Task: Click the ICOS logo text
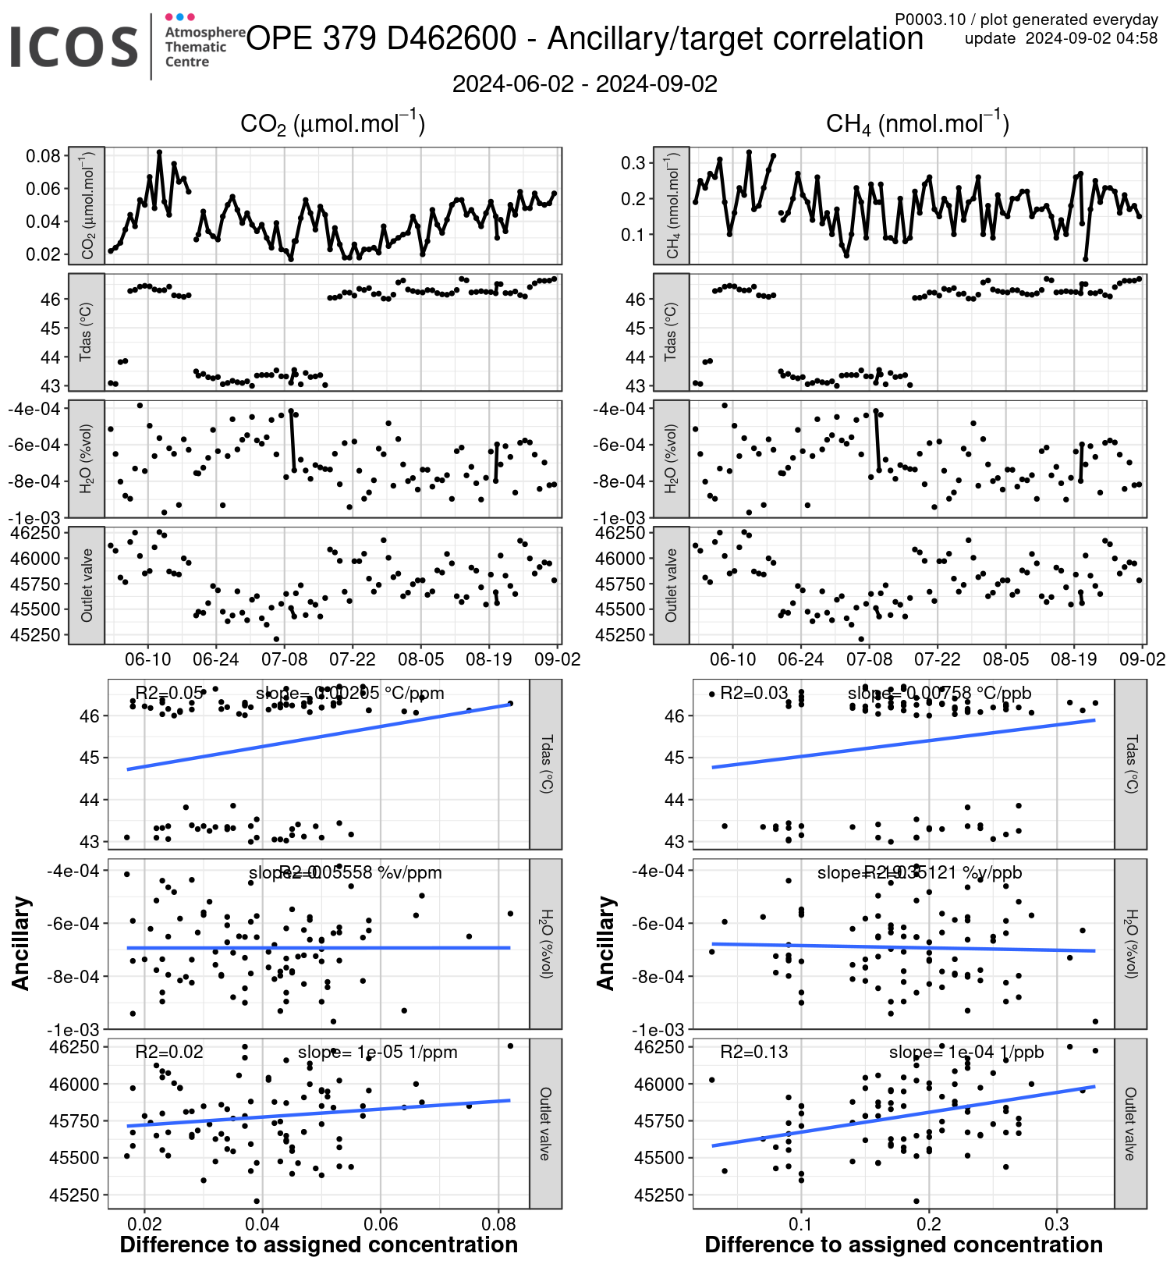click(74, 46)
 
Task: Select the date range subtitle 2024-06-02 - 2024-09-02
click(584, 84)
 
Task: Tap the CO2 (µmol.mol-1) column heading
click(332, 123)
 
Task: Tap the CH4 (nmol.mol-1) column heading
click(917, 123)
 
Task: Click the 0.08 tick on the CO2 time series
click(44, 156)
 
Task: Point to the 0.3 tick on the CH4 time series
click(633, 163)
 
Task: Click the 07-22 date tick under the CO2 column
click(352, 659)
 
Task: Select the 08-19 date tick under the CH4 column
click(1073, 659)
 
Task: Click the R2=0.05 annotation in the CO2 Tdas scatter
click(169, 693)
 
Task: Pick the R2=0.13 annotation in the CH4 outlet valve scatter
click(753, 1052)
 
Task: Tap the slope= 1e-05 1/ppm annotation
click(378, 1052)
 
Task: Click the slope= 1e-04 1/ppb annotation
click(966, 1052)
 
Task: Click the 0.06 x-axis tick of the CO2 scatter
click(381, 1223)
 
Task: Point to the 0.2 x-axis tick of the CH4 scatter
click(929, 1223)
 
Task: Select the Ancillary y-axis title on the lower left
click(21, 943)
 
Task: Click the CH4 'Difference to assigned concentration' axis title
click(903, 1244)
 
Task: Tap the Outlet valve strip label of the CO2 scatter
click(545, 1123)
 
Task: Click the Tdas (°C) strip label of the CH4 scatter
click(1130, 764)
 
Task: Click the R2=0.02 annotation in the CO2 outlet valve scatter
click(169, 1052)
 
